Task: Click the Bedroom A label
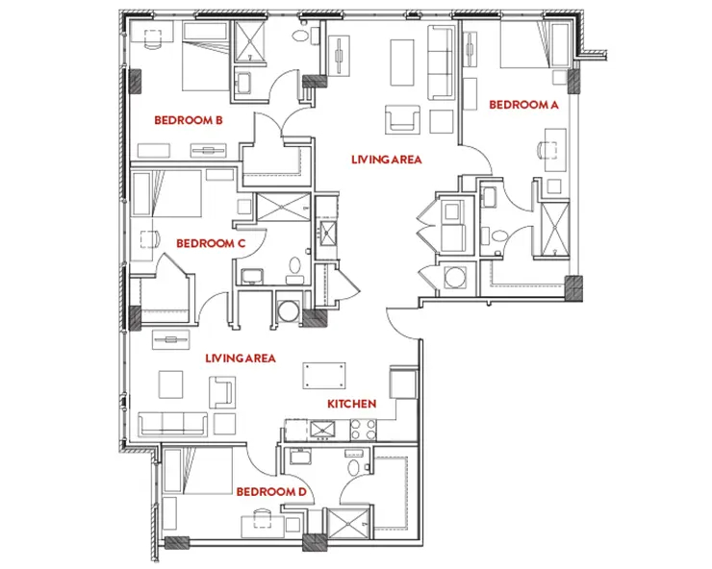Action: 523,105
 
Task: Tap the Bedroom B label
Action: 189,120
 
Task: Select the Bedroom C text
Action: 211,244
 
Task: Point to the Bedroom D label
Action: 271,492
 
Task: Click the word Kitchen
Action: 352,404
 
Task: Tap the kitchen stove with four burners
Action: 364,430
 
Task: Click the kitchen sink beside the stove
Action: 322,430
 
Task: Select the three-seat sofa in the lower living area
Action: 172,424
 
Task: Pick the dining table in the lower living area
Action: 324,375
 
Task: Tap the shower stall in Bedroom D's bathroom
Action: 348,524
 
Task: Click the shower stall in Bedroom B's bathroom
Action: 249,41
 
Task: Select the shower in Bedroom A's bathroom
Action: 555,229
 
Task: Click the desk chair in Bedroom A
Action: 546,150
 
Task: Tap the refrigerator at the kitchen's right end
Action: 403,383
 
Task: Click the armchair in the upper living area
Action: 402,120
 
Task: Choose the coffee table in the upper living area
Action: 402,62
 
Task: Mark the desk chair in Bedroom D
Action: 262,517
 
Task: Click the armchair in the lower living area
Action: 222,392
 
